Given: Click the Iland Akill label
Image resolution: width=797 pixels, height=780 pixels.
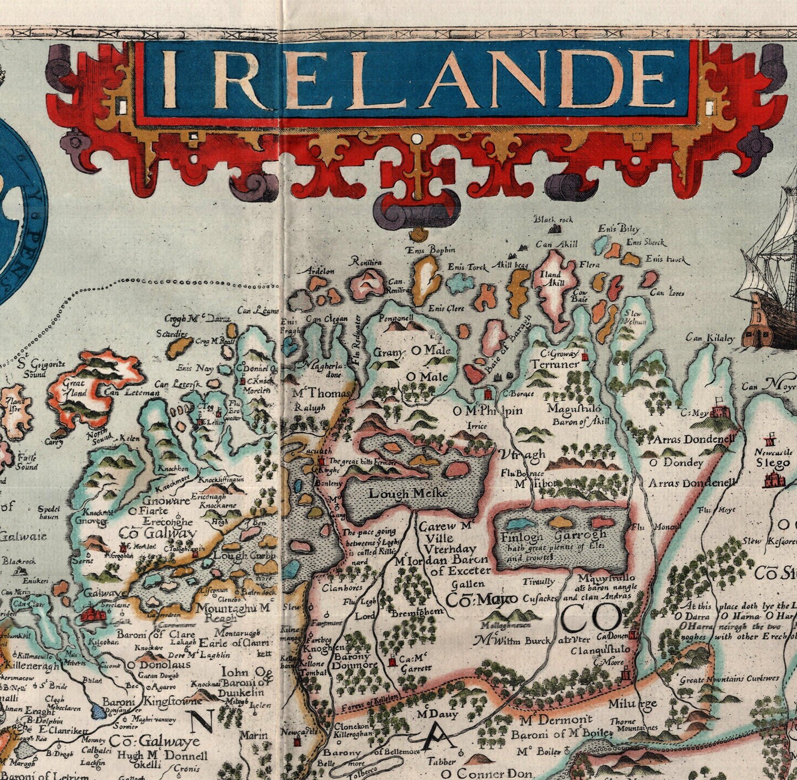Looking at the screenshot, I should tap(551, 278).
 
